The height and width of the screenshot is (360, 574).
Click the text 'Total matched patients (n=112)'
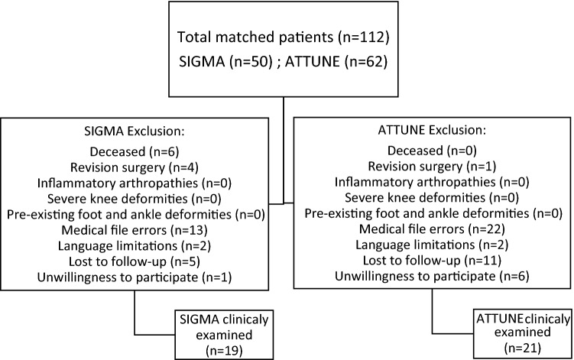click(287, 37)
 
